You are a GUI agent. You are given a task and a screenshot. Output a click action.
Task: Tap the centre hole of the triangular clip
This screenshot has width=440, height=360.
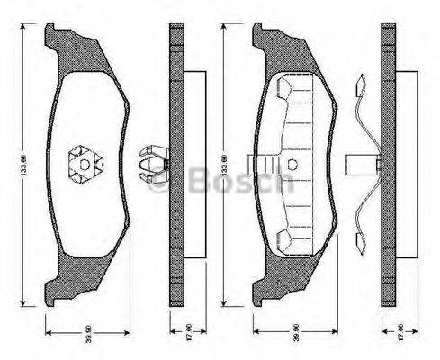[84, 164]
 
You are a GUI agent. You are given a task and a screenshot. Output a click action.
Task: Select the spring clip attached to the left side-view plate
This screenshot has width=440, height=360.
[151, 164]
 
